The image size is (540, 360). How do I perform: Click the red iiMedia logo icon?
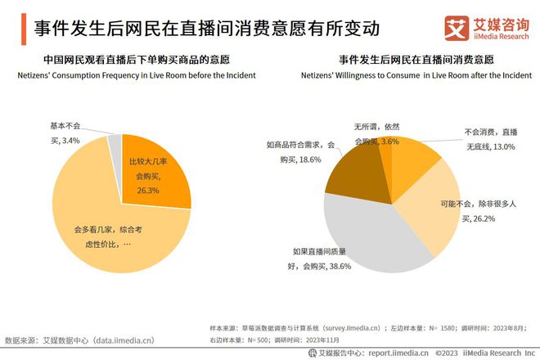[456, 27]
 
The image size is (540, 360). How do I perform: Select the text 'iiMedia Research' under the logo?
[498, 36]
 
